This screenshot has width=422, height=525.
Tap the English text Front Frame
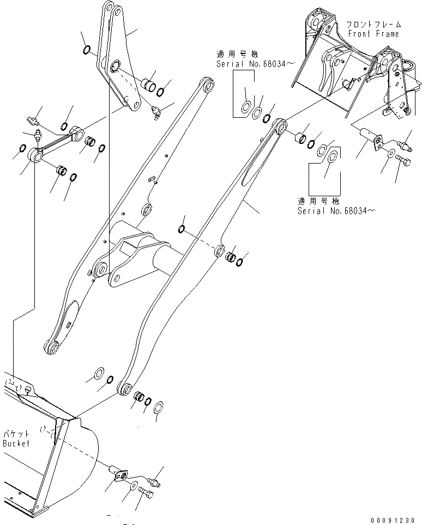click(x=373, y=34)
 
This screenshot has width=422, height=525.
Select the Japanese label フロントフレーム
click(x=373, y=25)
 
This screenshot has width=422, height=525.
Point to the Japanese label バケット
click(x=13, y=434)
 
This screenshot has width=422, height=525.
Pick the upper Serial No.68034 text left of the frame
click(x=249, y=64)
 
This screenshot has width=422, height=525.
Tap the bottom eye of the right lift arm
click(x=125, y=389)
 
